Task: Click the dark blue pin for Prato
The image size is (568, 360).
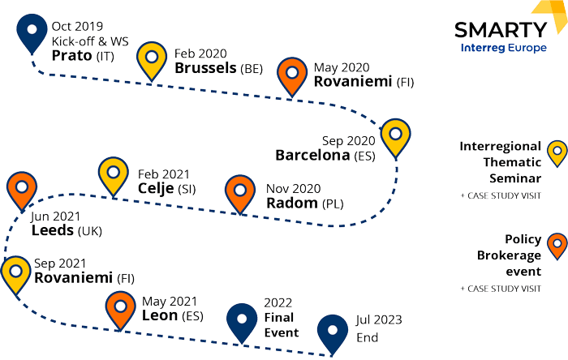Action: [32, 33]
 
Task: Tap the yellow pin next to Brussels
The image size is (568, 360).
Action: [152, 58]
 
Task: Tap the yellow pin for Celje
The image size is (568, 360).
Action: [113, 174]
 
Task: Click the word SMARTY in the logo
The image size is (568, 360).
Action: [500, 31]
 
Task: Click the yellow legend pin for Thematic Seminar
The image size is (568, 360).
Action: [557, 152]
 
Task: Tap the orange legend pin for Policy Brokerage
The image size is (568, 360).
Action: [557, 244]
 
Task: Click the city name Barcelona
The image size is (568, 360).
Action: [312, 154]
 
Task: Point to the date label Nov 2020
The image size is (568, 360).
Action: [294, 188]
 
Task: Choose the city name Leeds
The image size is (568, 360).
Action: [53, 230]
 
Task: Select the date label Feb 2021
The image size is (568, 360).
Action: [165, 174]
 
